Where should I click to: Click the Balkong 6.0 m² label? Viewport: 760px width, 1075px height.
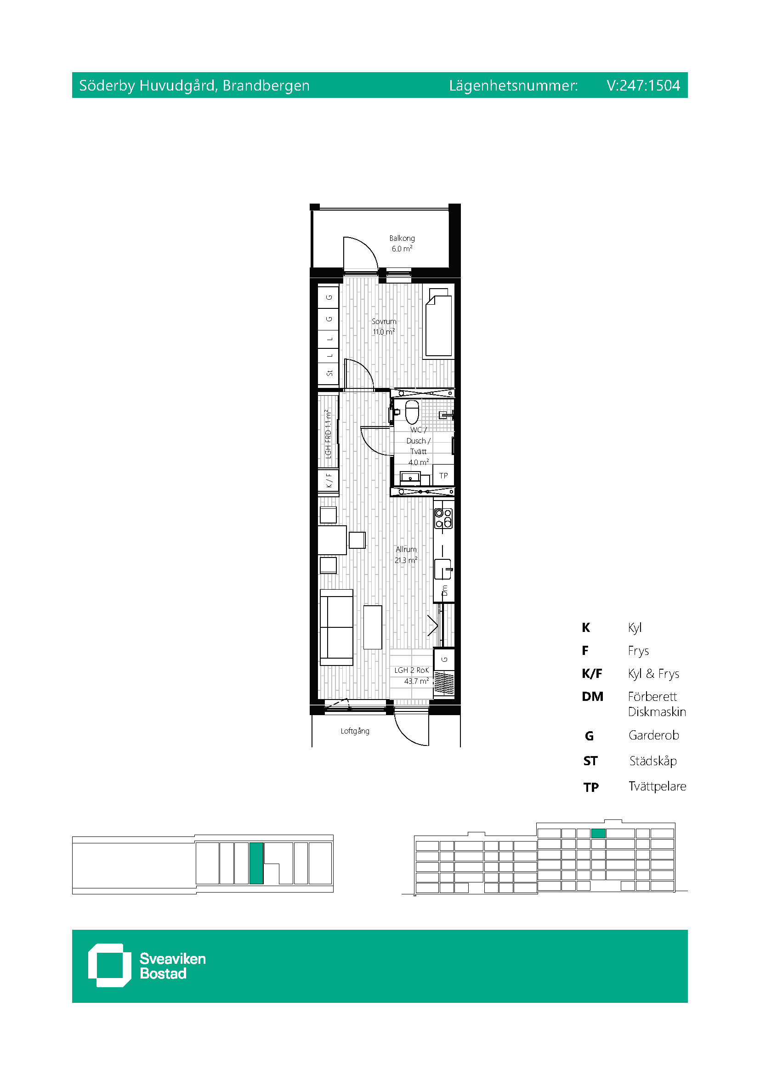(402, 244)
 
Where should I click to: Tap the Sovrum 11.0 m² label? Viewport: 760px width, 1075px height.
(384, 326)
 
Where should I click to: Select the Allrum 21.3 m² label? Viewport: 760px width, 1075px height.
(406, 554)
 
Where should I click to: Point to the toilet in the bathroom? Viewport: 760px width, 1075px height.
(412, 411)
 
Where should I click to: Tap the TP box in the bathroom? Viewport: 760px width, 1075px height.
(443, 476)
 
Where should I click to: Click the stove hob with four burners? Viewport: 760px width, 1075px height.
(443, 518)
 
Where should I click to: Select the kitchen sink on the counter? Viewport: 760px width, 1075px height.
(442, 569)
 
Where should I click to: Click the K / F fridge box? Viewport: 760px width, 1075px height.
(329, 480)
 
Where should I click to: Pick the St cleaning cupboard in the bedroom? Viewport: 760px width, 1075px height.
(329, 373)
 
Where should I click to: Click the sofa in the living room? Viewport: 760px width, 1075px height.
(336, 627)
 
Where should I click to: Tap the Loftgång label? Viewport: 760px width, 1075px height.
(355, 731)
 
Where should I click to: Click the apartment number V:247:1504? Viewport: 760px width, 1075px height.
(643, 85)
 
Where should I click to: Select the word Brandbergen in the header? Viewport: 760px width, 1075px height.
(266, 85)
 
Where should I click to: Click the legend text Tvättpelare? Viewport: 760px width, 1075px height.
(657, 786)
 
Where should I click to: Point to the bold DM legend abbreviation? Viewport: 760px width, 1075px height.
(592, 697)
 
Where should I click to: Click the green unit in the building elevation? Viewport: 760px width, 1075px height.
(598, 833)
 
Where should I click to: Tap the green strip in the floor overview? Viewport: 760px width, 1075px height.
(256, 863)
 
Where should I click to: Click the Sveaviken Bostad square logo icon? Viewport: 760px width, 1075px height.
(109, 965)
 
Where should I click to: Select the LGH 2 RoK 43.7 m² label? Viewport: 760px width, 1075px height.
(411, 676)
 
